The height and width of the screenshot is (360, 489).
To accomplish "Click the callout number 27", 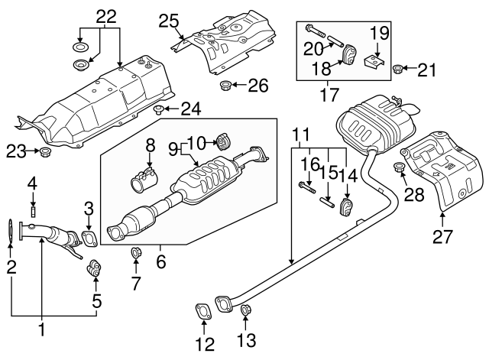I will coord(444,238).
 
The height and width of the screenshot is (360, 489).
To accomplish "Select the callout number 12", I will coord(204,345).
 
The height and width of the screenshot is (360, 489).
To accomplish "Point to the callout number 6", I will coord(161,260).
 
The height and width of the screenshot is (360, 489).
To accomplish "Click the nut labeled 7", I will coord(136,253).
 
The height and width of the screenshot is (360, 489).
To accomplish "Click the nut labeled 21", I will coord(397,71).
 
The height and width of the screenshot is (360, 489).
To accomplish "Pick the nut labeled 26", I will coord(225,84).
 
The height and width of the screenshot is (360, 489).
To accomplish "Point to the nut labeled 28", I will coord(398,167).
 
